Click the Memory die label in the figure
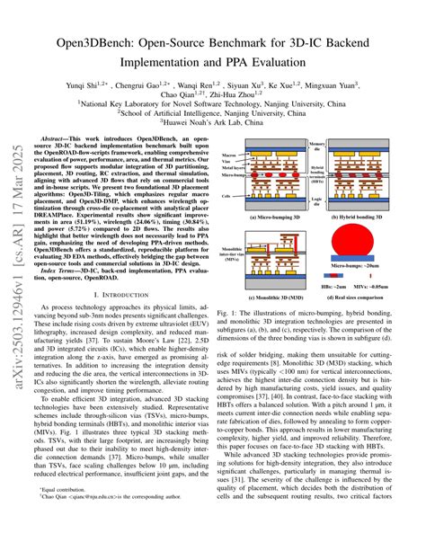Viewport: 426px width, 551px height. (318, 144)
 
